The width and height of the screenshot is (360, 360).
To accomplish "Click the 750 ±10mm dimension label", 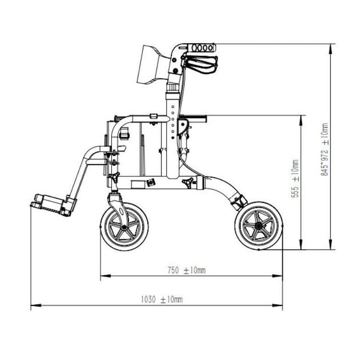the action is [186, 270].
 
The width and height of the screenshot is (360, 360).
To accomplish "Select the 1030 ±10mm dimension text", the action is [162, 299].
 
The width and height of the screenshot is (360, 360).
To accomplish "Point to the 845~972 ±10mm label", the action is [324, 149].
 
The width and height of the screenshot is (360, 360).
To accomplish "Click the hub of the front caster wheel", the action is [124, 227].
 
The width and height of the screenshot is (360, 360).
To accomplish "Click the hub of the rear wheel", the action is [259, 226].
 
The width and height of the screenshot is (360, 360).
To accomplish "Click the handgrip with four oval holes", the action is [202, 48].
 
